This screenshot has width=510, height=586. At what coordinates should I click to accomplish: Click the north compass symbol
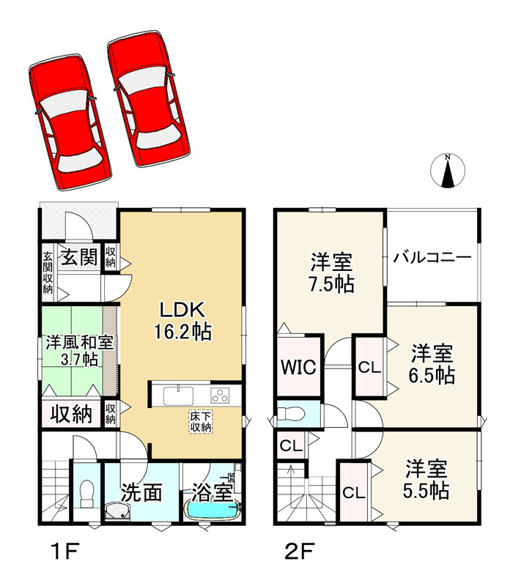(448, 171)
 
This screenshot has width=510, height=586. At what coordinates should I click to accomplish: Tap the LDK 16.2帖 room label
(183, 321)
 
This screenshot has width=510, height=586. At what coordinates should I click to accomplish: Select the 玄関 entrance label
(79, 257)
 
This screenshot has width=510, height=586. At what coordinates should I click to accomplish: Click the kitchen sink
(178, 396)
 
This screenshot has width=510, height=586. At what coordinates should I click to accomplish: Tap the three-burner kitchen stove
(220, 396)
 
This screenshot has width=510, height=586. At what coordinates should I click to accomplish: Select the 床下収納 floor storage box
(201, 422)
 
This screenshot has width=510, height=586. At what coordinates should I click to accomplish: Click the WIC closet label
(298, 368)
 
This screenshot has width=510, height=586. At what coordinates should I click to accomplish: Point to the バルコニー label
(432, 257)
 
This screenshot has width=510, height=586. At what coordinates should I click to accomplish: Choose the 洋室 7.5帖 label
(331, 272)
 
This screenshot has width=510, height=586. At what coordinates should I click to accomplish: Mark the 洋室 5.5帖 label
(426, 480)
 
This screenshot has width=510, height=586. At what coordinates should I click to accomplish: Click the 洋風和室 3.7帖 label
(79, 351)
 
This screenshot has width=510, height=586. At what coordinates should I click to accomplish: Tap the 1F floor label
(66, 552)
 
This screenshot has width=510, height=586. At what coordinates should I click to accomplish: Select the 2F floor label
(300, 552)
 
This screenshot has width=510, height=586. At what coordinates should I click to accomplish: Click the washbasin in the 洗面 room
(117, 511)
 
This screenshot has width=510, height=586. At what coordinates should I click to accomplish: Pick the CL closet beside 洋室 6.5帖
(369, 367)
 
